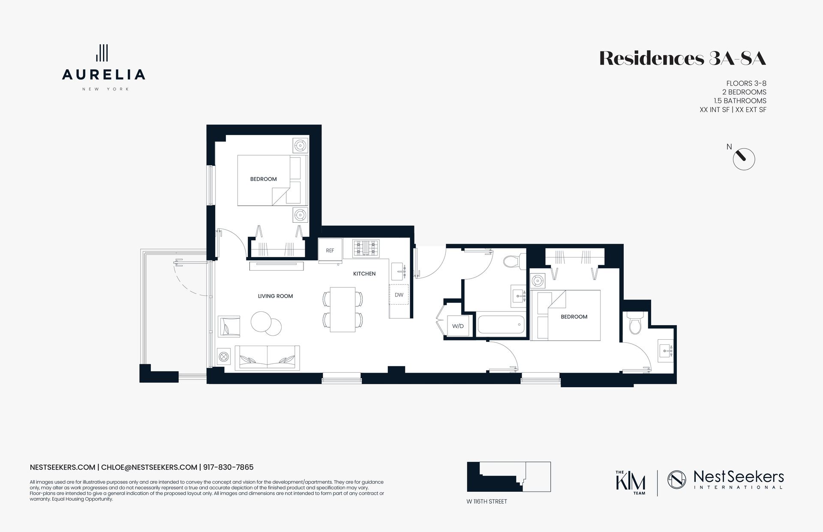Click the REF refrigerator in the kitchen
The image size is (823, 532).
pyautogui.click(x=330, y=250)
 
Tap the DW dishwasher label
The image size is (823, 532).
pyautogui.click(x=399, y=295)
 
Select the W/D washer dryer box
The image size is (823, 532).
pyautogui.click(x=458, y=326)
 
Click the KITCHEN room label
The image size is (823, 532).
pyautogui.click(x=364, y=274)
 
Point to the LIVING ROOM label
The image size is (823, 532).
pyautogui.click(x=275, y=296)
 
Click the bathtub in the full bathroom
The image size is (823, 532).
pyautogui.click(x=501, y=325)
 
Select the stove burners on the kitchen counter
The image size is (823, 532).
pyautogui.click(x=366, y=248)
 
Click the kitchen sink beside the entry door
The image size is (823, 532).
pyautogui.click(x=399, y=271)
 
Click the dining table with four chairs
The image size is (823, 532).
pyautogui.click(x=342, y=309)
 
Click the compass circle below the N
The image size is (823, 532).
pyautogui.click(x=744, y=159)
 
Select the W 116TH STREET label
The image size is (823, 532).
pyautogui.click(x=487, y=501)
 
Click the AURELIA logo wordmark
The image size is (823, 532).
pyautogui.click(x=103, y=75)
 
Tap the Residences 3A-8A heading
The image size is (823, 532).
pyautogui.click(x=682, y=59)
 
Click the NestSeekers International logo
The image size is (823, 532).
pyautogui.click(x=725, y=479)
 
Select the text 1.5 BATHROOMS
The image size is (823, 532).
pyautogui.click(x=740, y=101)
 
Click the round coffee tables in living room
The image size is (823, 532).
pyautogui.click(x=266, y=323)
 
